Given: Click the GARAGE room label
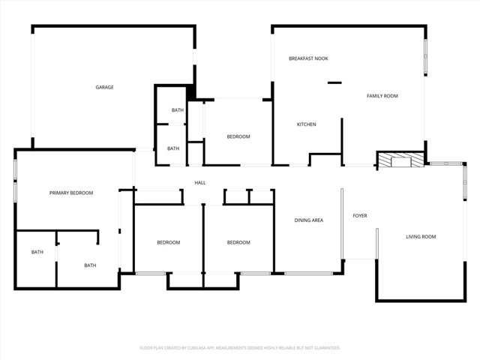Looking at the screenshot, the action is point(104,87).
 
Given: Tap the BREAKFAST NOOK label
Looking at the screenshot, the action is point(308,58).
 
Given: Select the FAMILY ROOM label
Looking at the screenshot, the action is point(382,96).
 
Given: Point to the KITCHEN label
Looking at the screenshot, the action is point(307,124).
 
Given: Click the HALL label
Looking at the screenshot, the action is point(200,183).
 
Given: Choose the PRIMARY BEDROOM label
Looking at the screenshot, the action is point(71,193).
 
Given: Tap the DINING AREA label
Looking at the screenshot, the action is point(308,220).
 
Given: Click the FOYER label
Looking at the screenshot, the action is point(360,215).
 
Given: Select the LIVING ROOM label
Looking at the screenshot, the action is point(421,237).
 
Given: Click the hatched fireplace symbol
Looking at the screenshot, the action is point(401,160).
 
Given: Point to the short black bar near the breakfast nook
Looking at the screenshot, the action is point(334,82).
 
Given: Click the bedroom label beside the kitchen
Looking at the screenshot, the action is point(238,136).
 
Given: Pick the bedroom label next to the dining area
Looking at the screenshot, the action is point(238,242).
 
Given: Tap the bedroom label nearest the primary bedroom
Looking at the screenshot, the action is point(169,242).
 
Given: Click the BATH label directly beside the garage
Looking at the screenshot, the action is point(178,110).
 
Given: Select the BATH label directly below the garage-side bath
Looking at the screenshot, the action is point(173,148).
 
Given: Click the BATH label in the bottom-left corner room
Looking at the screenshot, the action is point(37,252).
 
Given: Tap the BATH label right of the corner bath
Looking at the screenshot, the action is point(90,265).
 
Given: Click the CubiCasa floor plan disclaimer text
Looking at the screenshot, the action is point(240,348).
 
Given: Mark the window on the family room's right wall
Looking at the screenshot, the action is point(425,57).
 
